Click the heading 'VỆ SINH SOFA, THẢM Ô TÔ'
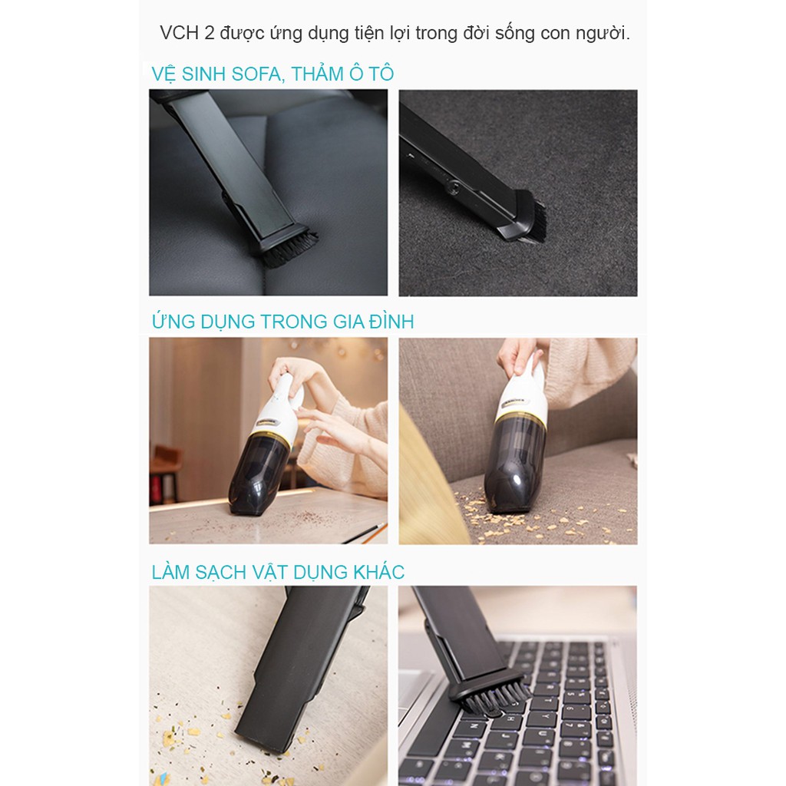[272, 74]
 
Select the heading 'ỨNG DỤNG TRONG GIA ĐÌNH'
[282, 322]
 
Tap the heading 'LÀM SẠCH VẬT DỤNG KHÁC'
[278, 572]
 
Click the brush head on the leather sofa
[289, 246]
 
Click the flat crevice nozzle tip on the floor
[261, 733]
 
